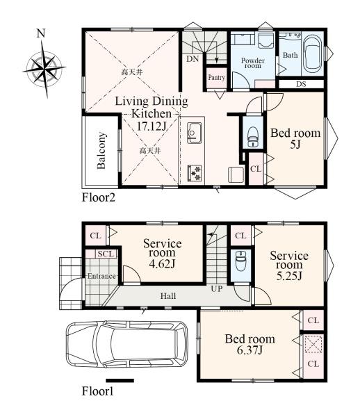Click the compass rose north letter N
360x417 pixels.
pyautogui.click(x=41, y=33)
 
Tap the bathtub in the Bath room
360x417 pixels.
pyautogui.click(x=313, y=54)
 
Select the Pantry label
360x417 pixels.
pyautogui.click(x=216, y=78)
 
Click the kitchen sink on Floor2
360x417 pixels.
pyautogui.click(x=195, y=133)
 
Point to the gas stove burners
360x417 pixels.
pyautogui.click(x=195, y=173)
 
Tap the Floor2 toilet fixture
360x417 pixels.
pyautogui.click(x=253, y=136)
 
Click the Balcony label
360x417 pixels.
pyautogui.click(x=101, y=151)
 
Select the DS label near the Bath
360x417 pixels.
pyautogui.click(x=301, y=84)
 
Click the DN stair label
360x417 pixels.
pyautogui.click(x=193, y=59)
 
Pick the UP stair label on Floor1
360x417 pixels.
pyautogui.click(x=217, y=288)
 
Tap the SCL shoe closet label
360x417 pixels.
pyautogui.click(x=106, y=254)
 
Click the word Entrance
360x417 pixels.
pyautogui.click(x=101, y=276)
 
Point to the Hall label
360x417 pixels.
pyautogui.click(x=168, y=296)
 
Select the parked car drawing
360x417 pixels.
pyautogui.click(x=126, y=345)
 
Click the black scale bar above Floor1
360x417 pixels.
pyautogui.click(x=120, y=381)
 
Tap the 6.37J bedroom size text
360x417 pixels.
pyautogui.click(x=250, y=350)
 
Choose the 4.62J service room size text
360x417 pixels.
pyautogui.click(x=162, y=263)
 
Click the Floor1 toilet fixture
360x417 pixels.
pyautogui.click(x=241, y=261)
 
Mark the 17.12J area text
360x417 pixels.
pyautogui.click(x=152, y=126)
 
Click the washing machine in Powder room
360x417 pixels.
pyautogui.click(x=266, y=41)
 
